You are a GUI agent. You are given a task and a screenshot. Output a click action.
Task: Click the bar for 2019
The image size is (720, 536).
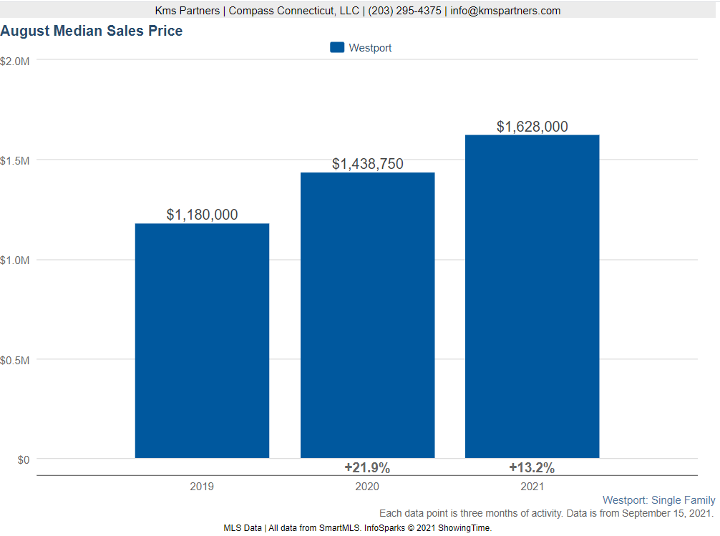point(202,341)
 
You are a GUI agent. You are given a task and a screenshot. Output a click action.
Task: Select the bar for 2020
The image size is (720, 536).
point(367,315)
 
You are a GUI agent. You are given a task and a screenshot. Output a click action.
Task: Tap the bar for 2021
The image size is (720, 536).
point(532,296)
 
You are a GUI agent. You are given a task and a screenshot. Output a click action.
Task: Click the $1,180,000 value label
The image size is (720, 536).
point(202,215)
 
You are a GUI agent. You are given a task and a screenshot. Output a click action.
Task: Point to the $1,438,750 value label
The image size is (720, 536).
point(367,164)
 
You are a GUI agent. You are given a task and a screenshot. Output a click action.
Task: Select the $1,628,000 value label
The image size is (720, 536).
point(532,127)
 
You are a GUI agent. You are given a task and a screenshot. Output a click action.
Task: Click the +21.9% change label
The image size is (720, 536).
point(367,468)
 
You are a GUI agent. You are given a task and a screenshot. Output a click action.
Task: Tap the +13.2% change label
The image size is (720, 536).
point(532,468)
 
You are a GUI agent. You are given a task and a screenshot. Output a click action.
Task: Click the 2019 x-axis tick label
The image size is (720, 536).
point(202,487)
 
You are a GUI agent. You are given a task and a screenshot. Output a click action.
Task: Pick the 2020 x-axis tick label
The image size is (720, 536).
point(367,487)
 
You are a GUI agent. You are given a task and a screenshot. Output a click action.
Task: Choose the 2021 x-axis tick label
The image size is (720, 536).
point(532,487)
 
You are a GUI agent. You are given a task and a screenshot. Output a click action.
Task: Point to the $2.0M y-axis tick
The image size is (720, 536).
point(15,61)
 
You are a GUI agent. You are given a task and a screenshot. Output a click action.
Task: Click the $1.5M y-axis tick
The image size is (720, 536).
point(15,160)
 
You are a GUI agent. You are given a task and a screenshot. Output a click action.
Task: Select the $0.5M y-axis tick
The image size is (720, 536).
point(15,360)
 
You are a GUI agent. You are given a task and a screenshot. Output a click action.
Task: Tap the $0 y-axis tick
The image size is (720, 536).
point(24,459)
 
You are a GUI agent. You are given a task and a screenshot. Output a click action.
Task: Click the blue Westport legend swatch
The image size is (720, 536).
point(337,48)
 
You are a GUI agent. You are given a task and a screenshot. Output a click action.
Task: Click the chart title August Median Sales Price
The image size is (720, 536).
point(92,31)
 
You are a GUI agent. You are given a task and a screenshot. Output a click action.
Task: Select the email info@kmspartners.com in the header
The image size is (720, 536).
point(505,11)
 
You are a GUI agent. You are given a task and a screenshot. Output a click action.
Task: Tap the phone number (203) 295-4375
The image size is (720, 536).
point(404,11)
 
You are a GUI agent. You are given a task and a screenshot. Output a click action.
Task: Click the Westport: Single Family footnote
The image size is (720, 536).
point(658,500)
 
